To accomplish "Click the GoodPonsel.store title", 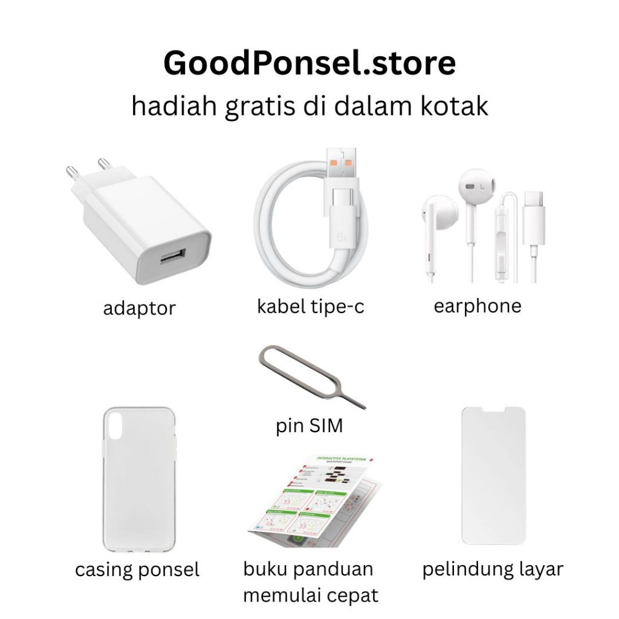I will click(309, 63).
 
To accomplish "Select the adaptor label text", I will click(139, 308).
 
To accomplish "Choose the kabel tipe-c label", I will click(311, 306).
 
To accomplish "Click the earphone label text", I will click(477, 306).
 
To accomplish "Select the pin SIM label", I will click(309, 426).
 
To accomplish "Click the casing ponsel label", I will click(137, 569).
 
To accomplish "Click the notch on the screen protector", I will click(493, 410).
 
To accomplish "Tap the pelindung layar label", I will click(493, 569).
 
